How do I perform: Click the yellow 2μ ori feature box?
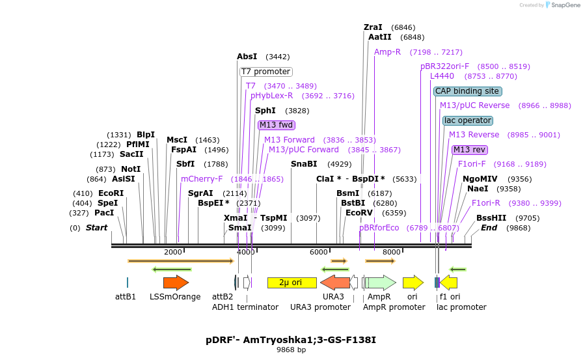(x=291, y=283)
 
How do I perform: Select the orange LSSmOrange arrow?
(x=176, y=283)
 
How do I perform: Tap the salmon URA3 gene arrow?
(x=334, y=283)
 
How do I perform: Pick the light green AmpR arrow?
(x=381, y=283)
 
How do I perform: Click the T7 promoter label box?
(x=265, y=72)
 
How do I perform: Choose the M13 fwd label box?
(x=276, y=125)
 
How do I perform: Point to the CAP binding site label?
(x=467, y=91)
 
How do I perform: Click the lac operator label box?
(x=467, y=120)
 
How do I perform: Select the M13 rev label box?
(x=469, y=150)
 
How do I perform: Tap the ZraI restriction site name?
(x=373, y=27)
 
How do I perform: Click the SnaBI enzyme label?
(x=304, y=164)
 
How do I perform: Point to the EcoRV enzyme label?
(x=359, y=212)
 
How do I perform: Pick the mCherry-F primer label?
(x=202, y=178)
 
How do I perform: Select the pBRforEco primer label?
(x=379, y=228)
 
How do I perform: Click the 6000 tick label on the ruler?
(x=318, y=252)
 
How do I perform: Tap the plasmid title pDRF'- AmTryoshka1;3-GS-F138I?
(x=291, y=340)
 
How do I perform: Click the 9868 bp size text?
(x=291, y=350)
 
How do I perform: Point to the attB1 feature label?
(x=126, y=297)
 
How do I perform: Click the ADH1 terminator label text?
(x=245, y=307)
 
